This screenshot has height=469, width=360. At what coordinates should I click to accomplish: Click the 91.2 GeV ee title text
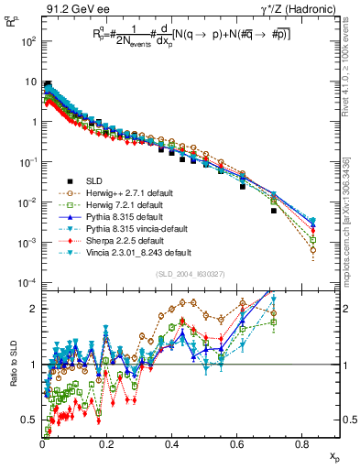tap(70, 7)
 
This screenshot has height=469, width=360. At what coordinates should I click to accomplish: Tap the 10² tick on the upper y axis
tap(30, 41)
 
